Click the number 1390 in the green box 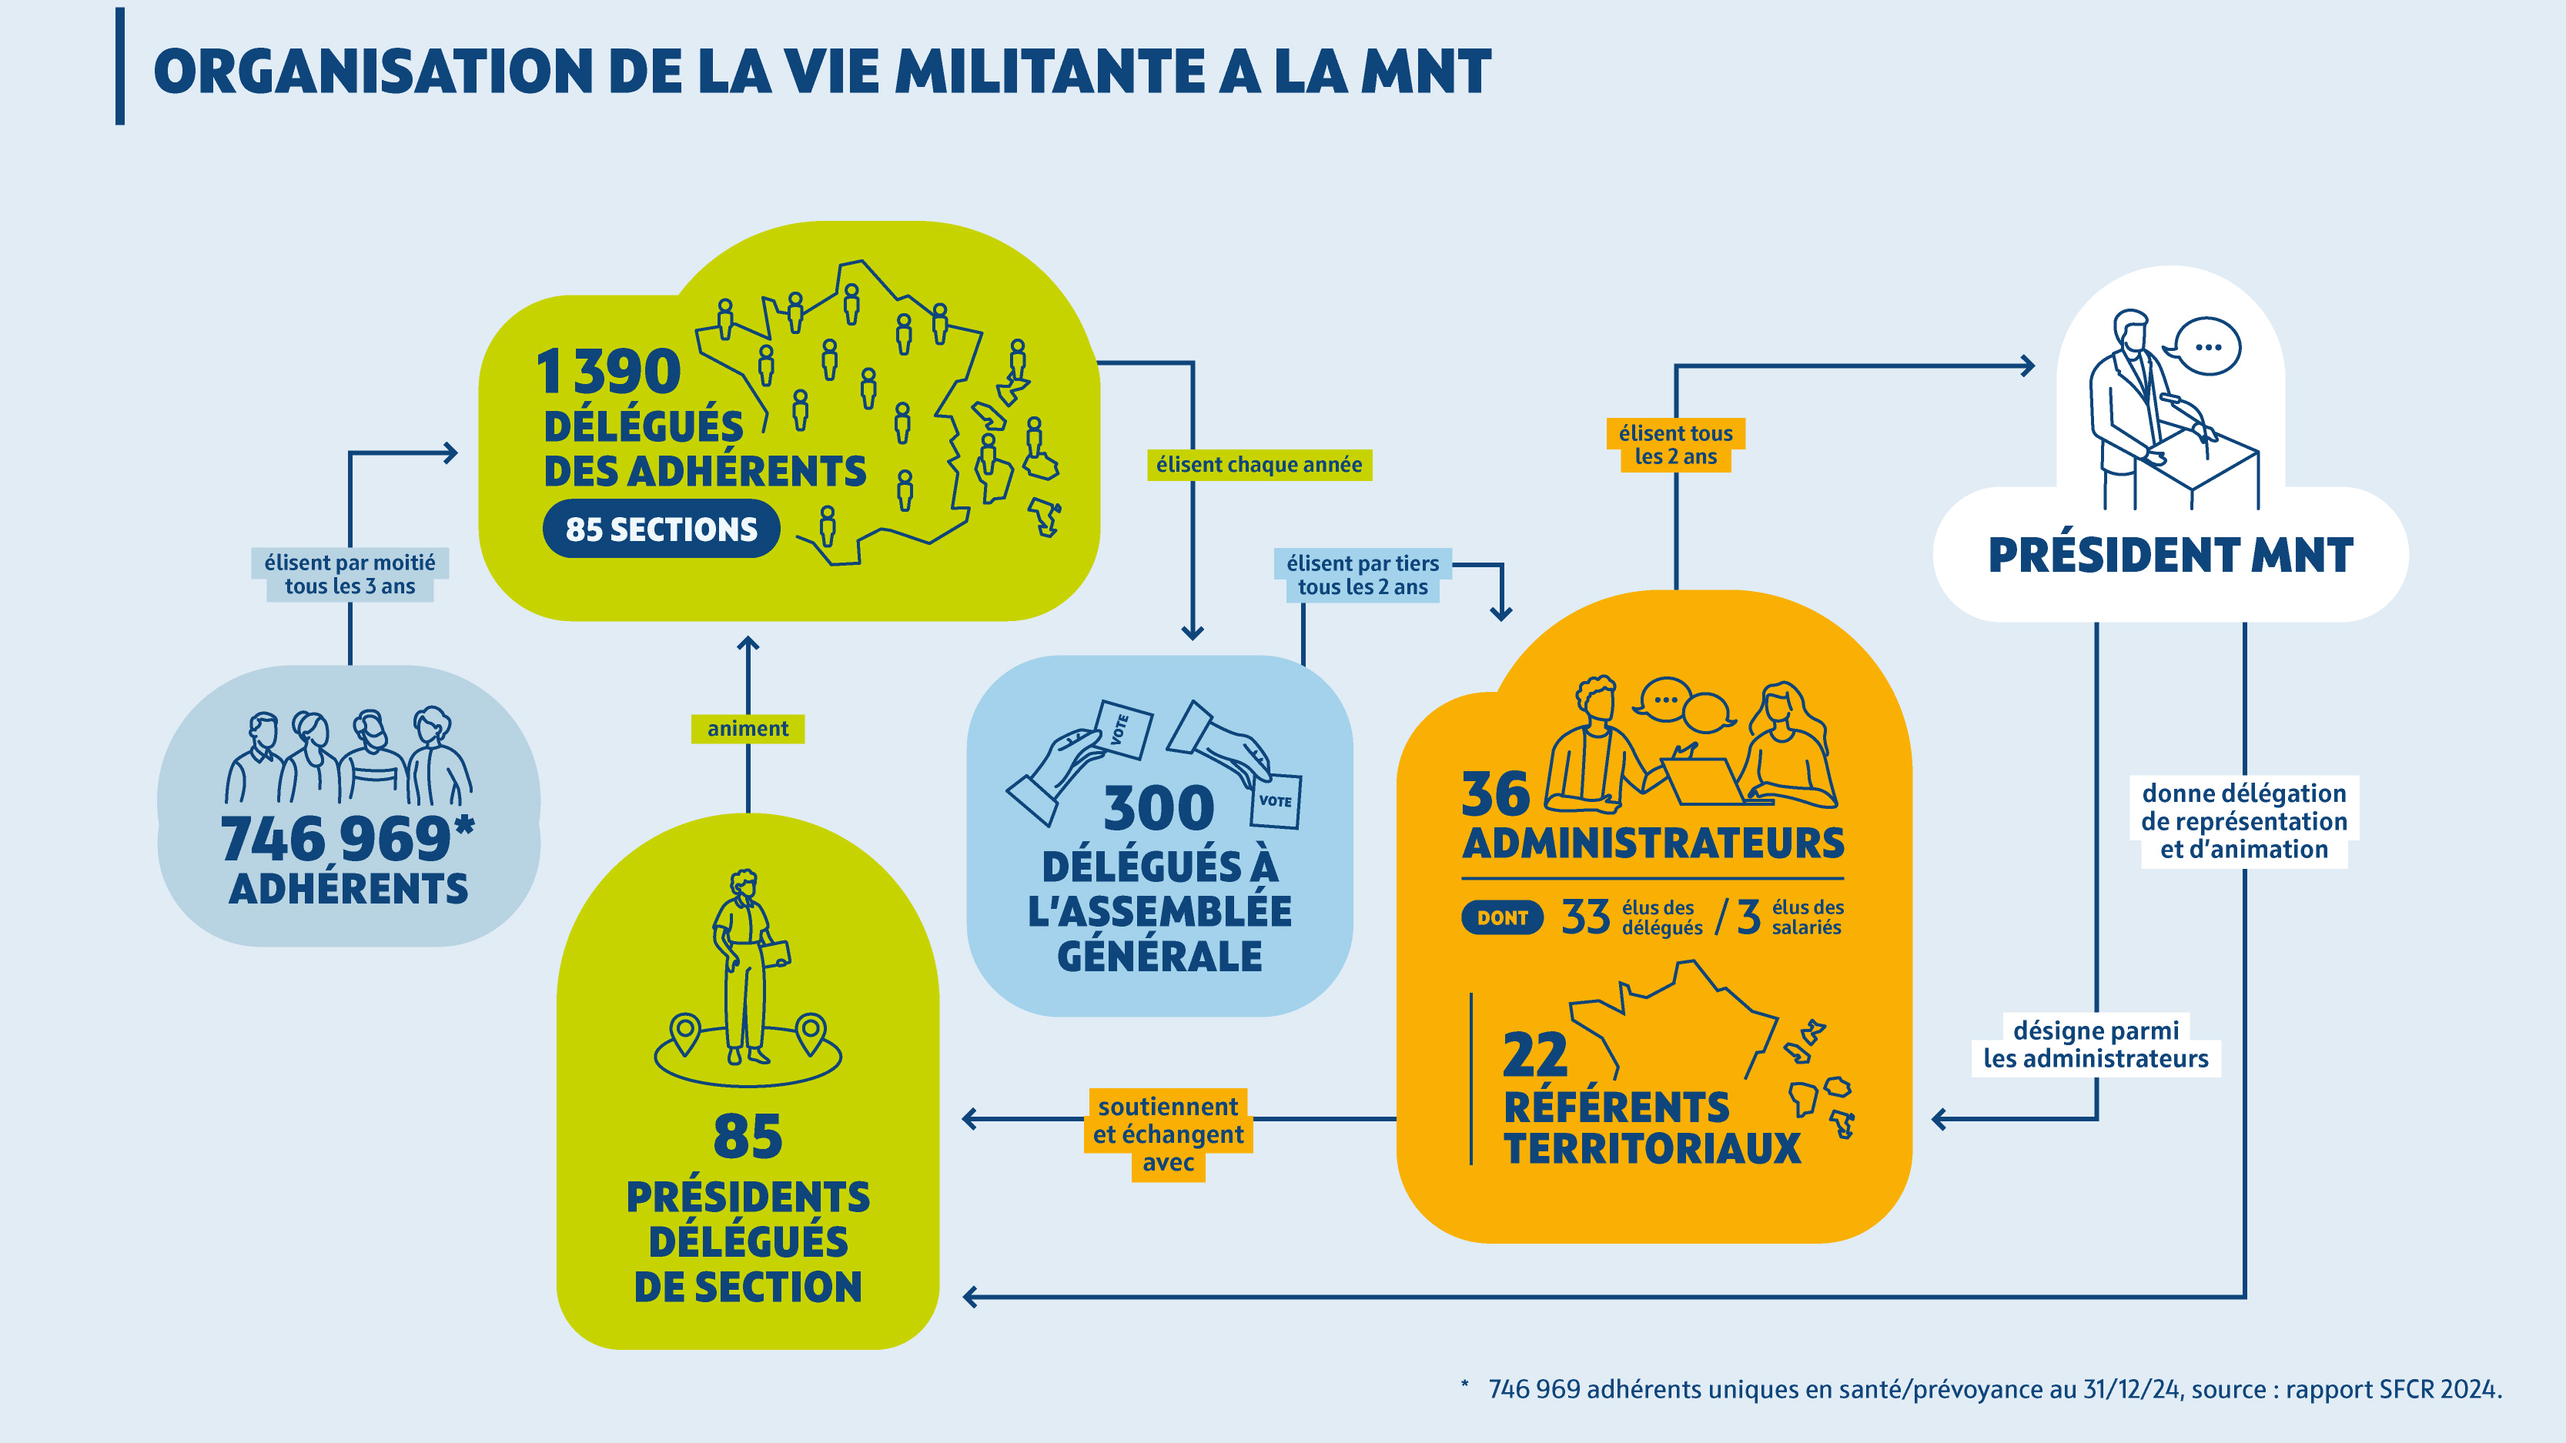(609, 372)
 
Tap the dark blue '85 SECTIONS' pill (661, 529)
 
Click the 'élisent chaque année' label (1258, 465)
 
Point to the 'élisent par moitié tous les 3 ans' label (350, 575)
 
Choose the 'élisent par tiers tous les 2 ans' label (1362, 576)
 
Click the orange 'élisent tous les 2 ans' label (1674, 445)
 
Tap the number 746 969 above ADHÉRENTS (336, 839)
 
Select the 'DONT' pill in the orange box (1501, 917)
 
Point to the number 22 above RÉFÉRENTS (1534, 1054)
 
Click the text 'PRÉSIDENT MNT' (2170, 556)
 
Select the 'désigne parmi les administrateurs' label (2095, 1044)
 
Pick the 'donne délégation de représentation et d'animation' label (2243, 822)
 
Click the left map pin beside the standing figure (684, 1033)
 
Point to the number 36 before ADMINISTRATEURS (1494, 795)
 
